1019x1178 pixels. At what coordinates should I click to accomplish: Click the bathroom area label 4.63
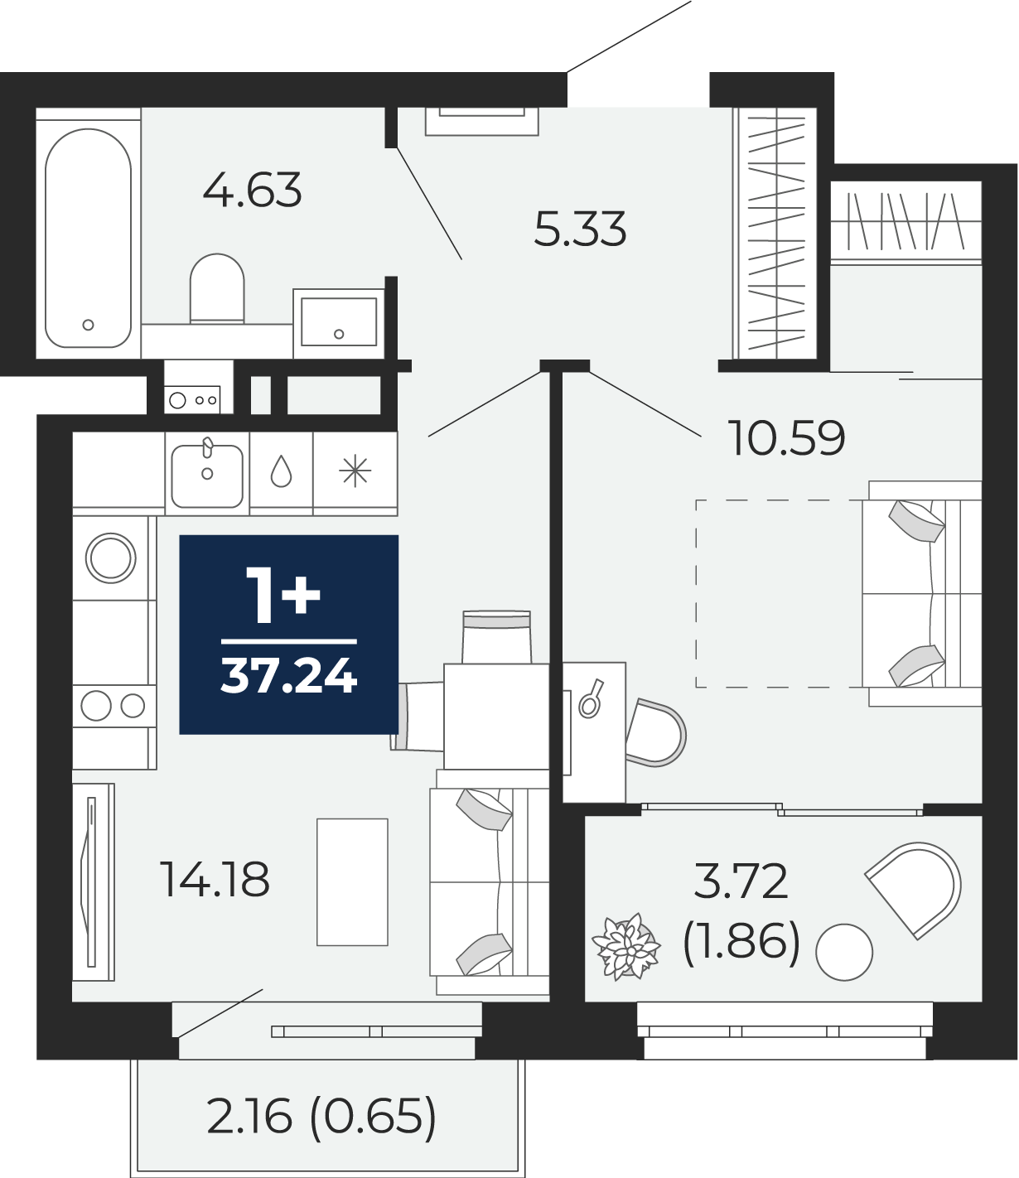click(x=252, y=190)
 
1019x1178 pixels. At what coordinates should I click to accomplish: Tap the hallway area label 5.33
click(x=580, y=229)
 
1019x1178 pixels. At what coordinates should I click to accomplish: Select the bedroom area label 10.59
click(x=786, y=437)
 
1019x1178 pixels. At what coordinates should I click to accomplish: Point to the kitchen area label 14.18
click(x=215, y=880)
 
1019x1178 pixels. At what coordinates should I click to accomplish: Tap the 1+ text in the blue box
click(x=283, y=596)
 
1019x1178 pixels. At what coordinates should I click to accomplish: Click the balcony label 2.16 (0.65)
click(x=321, y=1117)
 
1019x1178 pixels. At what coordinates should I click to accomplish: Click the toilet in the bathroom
click(x=217, y=288)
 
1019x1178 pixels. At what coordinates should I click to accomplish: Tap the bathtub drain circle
click(x=88, y=325)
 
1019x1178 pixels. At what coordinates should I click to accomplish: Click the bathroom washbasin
click(x=339, y=322)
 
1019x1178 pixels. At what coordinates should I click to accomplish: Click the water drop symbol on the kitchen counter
click(x=281, y=472)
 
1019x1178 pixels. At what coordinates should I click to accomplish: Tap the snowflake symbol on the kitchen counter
click(x=355, y=471)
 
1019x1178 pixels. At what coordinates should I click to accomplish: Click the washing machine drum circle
click(x=110, y=558)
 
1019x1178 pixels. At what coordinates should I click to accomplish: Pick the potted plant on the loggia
click(x=626, y=947)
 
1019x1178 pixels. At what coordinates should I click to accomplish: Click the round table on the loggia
click(x=844, y=952)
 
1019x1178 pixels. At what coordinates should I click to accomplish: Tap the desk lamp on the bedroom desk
click(x=591, y=698)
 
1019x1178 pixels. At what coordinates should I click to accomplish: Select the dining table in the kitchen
click(x=496, y=717)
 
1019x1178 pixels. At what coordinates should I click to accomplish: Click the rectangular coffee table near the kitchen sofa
click(x=352, y=882)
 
